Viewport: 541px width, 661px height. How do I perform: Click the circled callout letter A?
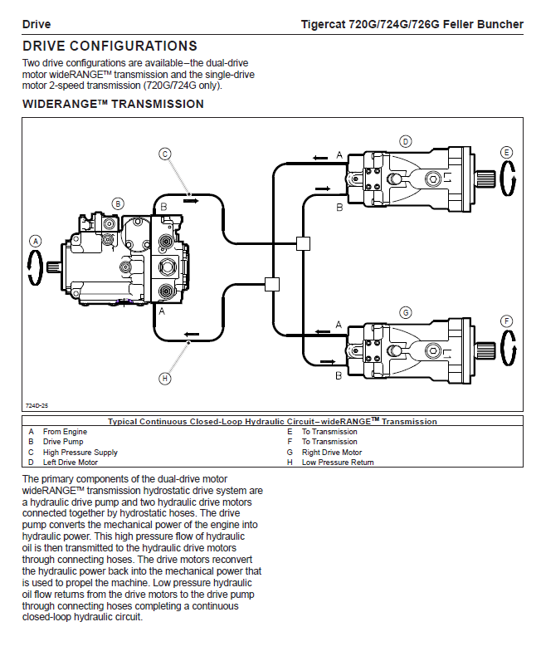tap(35, 241)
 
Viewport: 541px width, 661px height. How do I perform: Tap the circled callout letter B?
tap(118, 203)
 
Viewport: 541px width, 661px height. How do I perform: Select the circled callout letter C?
tap(165, 154)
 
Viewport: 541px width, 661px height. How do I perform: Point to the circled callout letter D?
tap(405, 141)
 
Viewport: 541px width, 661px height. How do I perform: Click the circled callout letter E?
tap(506, 152)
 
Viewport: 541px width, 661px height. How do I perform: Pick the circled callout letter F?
tap(506, 321)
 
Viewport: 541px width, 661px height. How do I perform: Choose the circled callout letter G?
tap(405, 312)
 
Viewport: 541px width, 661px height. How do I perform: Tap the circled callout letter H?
tap(165, 378)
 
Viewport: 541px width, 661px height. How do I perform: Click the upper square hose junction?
tap(303, 243)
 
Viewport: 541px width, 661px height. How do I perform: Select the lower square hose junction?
tap(270, 284)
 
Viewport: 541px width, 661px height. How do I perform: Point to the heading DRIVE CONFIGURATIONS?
tap(110, 47)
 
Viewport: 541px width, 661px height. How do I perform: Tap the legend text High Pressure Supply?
tap(80, 453)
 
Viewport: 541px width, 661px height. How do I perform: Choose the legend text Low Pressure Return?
tap(338, 463)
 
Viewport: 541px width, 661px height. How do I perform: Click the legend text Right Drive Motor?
tap(332, 453)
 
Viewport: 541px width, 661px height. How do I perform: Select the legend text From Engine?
tap(65, 432)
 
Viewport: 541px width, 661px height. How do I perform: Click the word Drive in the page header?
tap(37, 24)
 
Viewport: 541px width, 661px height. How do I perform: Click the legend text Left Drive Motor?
tap(71, 463)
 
